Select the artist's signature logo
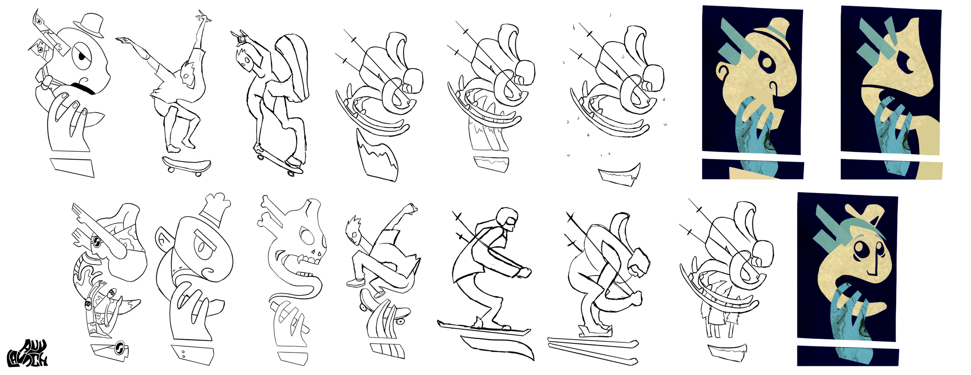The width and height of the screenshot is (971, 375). (x=27, y=354)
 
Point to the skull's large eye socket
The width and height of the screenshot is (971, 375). (x=307, y=236)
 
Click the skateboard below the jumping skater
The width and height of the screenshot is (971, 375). (x=186, y=165)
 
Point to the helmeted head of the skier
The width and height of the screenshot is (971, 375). (x=507, y=219)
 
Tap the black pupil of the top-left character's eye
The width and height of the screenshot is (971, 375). (x=82, y=57)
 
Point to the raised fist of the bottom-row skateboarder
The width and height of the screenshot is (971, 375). (x=410, y=208)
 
